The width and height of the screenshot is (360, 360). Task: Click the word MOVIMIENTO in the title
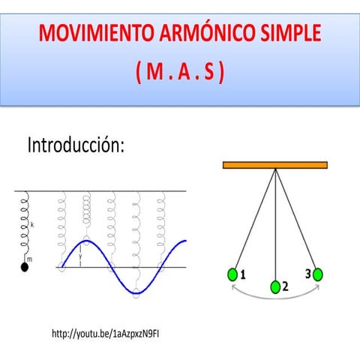[x=97, y=33]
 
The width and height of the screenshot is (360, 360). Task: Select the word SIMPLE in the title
[x=291, y=33]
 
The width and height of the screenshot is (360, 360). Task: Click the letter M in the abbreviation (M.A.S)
[x=154, y=71]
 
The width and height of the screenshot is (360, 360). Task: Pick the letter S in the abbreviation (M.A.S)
[x=209, y=71]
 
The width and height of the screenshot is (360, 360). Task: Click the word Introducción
[x=76, y=145]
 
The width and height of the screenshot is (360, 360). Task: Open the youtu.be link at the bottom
[x=105, y=334]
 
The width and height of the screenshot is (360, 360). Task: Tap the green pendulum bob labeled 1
[x=232, y=274]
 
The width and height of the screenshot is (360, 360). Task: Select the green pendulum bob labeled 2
[x=275, y=287]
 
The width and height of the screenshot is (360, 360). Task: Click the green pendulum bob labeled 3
[x=318, y=274]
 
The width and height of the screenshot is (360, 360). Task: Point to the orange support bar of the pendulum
[x=275, y=165]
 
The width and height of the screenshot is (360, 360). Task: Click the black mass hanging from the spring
[x=25, y=267]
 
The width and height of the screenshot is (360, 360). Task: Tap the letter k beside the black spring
[x=32, y=225]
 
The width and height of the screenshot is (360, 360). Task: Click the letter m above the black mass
[x=29, y=259]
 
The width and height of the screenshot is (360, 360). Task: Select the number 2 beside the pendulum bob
[x=285, y=286]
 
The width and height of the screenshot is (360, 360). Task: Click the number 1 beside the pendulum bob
[x=243, y=274]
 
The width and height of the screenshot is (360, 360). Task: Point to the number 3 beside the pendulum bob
[x=308, y=274]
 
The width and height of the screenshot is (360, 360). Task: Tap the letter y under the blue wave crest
[x=80, y=256]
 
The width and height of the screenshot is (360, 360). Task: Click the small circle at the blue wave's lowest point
[x=136, y=292]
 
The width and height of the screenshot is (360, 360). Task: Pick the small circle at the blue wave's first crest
[x=86, y=241]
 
